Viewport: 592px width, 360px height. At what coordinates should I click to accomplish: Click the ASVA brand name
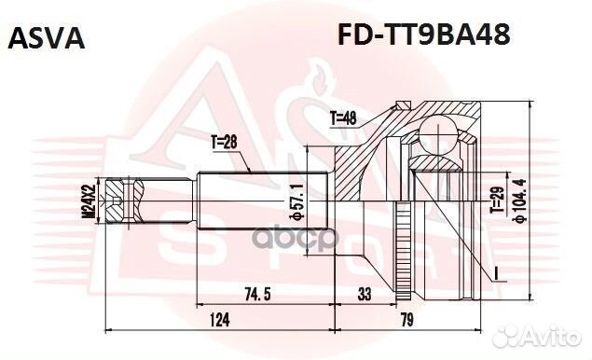(x=47, y=38)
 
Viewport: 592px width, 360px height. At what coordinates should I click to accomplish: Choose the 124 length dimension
(x=219, y=320)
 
